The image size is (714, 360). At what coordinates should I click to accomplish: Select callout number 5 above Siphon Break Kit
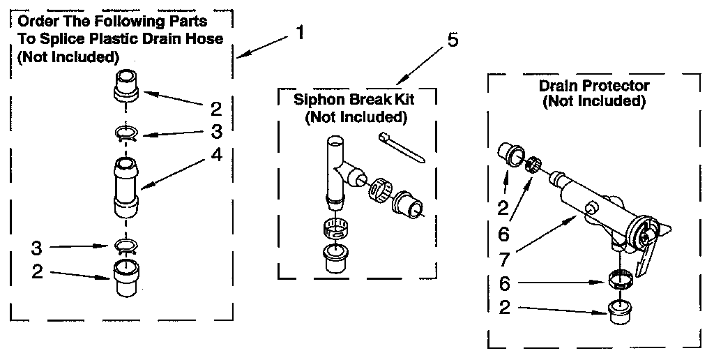point(453,40)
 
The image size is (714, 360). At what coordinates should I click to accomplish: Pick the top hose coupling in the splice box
point(127,86)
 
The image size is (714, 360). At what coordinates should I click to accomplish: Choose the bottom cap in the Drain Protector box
point(618,311)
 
